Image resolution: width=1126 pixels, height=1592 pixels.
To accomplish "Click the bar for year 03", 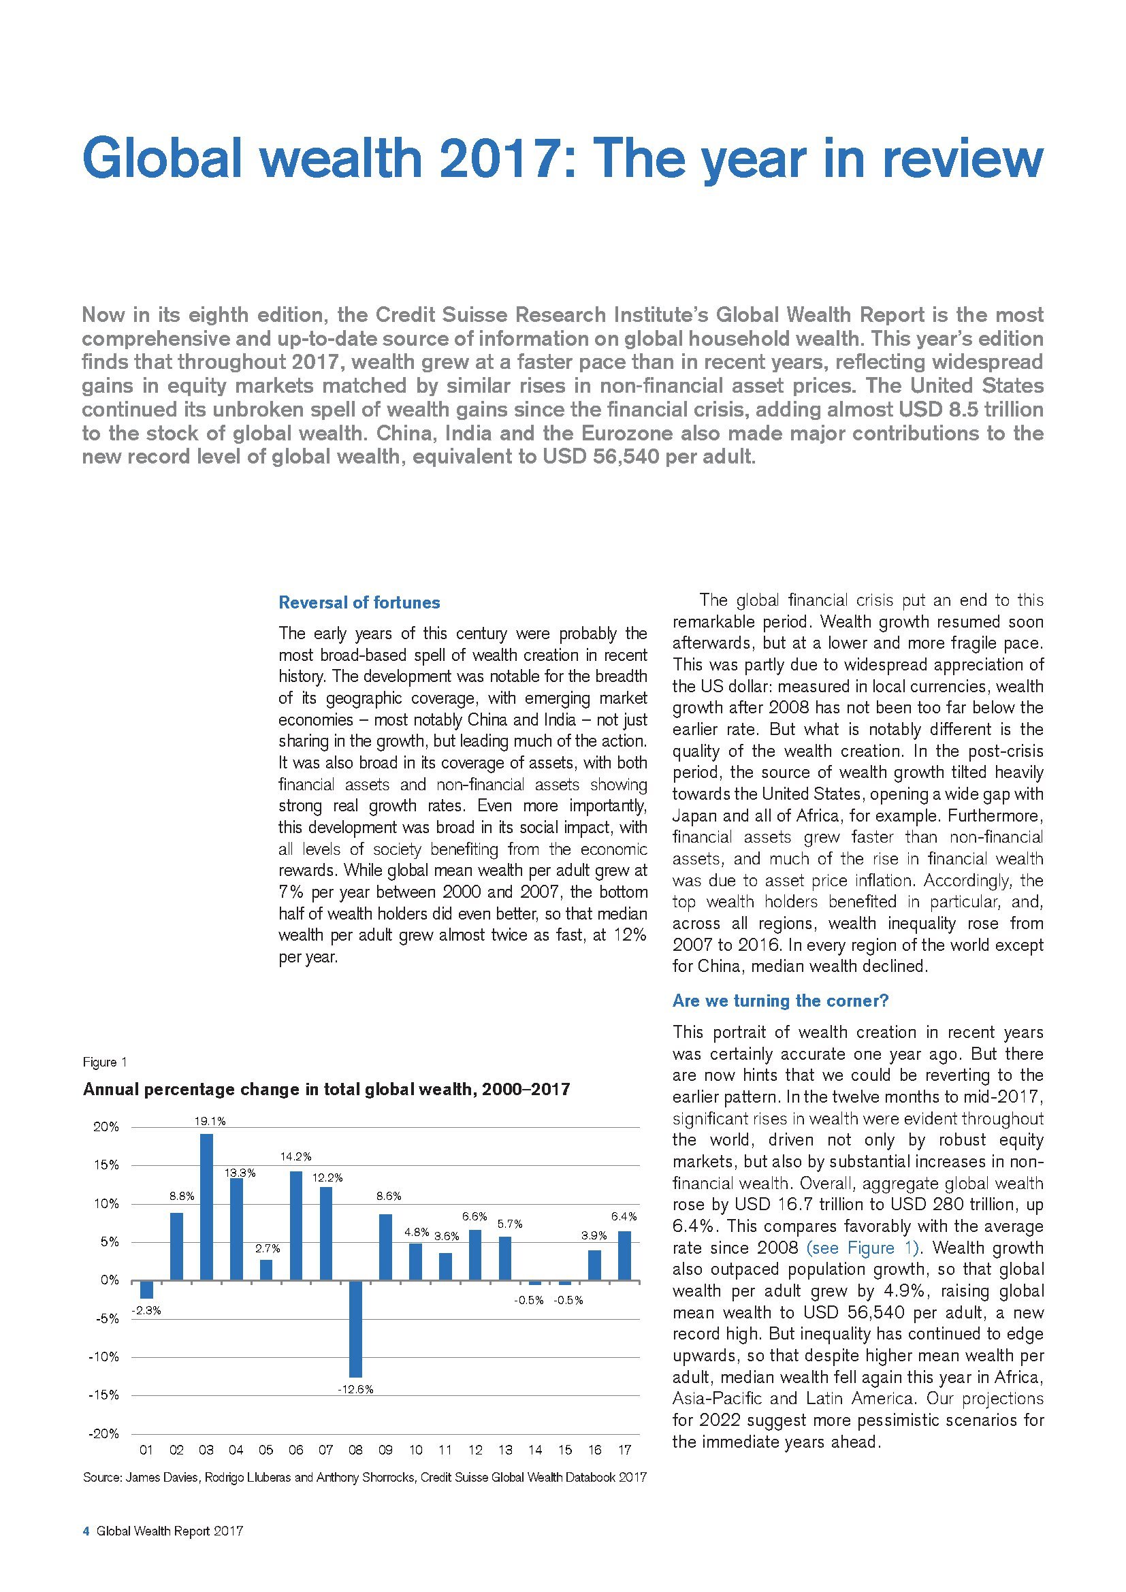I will point(207,1207).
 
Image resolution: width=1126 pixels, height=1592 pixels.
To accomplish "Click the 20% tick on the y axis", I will point(106,1127).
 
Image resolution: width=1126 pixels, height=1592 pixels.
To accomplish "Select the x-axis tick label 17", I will point(625,1450).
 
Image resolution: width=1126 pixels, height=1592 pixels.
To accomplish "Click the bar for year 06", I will point(296,1225).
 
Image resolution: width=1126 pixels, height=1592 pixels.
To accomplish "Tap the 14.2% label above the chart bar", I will point(296,1156).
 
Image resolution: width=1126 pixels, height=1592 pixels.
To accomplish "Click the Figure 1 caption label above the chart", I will point(105,1062).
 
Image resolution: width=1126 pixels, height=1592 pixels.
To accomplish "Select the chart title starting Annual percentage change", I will point(326,1089).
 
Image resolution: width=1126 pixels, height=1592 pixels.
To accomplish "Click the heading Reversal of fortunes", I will point(359,602).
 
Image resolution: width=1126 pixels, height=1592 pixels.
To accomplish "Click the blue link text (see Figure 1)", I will point(863,1248).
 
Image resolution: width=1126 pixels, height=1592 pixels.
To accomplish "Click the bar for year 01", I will point(146,1289).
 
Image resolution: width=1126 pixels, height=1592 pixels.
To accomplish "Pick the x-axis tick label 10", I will point(415,1450).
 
